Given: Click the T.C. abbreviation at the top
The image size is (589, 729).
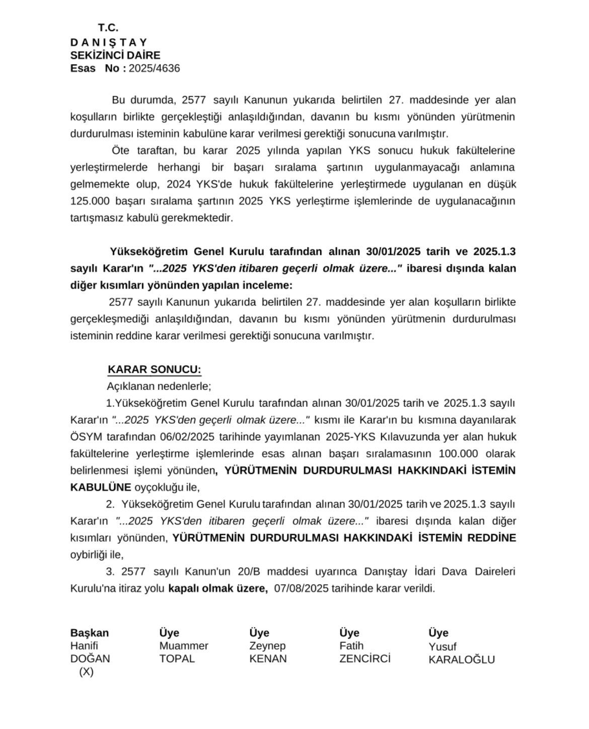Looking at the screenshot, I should click(108, 28).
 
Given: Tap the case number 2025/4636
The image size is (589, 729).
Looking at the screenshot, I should click(154, 69).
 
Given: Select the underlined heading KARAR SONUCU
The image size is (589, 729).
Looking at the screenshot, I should click(154, 369).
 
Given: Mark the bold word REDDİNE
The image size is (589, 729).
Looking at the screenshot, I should click(492, 538).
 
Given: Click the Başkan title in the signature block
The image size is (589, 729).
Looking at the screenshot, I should click(90, 633).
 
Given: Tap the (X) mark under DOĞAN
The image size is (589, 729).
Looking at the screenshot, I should click(86, 672).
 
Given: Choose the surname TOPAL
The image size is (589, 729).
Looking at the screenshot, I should click(177, 658).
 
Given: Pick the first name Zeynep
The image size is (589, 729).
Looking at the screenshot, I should click(267, 646).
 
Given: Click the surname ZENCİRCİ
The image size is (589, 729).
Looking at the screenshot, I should click(365, 658).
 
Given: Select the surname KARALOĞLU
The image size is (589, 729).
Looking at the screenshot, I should click(462, 659).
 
